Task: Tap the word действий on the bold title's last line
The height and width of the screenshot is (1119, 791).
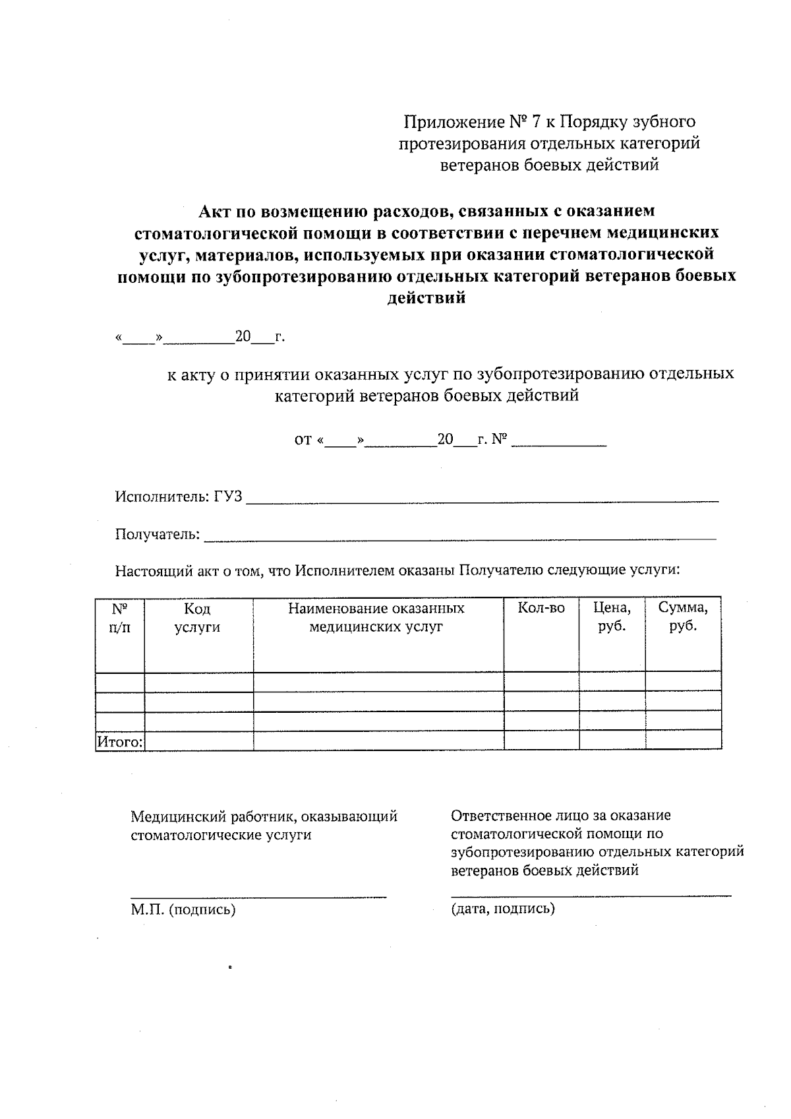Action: coord(426,298)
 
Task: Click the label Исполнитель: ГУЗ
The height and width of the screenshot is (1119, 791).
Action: coord(179,496)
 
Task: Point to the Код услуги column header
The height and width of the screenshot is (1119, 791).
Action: coord(197,618)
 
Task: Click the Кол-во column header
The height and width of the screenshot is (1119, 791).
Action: coord(541,608)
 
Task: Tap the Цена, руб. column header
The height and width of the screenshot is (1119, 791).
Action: coord(612,617)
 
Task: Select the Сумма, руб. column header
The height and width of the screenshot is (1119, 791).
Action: coord(683,617)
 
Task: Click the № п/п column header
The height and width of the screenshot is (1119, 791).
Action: coord(119,618)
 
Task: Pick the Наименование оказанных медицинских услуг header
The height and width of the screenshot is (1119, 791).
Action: coord(376,618)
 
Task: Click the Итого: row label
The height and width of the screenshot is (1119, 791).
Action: coord(120,742)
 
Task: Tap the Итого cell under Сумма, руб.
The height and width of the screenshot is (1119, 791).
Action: coord(683,741)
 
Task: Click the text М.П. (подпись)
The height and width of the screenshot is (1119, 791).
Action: coord(183,910)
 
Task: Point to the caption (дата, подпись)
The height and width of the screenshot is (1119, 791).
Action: coord(503,909)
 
